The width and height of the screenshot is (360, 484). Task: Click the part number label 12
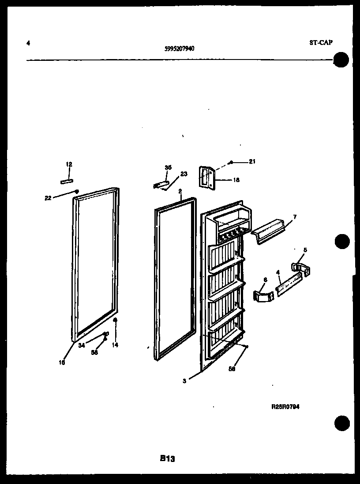click(x=69, y=164)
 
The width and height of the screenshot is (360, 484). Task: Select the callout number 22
click(x=48, y=198)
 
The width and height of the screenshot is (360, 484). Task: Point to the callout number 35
click(x=168, y=168)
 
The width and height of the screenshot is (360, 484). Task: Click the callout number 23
click(x=184, y=174)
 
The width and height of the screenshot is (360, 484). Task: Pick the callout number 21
click(x=252, y=162)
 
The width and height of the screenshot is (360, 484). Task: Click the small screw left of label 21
click(x=231, y=162)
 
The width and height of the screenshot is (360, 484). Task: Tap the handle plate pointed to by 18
click(x=206, y=177)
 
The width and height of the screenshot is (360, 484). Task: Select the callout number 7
click(x=294, y=216)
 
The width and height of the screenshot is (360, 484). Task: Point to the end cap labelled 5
click(x=300, y=268)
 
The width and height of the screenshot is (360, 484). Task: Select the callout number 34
click(x=82, y=346)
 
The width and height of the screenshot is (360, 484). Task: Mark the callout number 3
click(x=184, y=381)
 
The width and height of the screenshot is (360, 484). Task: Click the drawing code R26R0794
click(x=285, y=407)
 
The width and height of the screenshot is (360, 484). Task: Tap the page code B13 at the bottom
click(x=168, y=458)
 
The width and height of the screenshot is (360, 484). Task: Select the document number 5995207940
click(x=179, y=49)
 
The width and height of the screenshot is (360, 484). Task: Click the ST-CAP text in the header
click(x=321, y=43)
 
